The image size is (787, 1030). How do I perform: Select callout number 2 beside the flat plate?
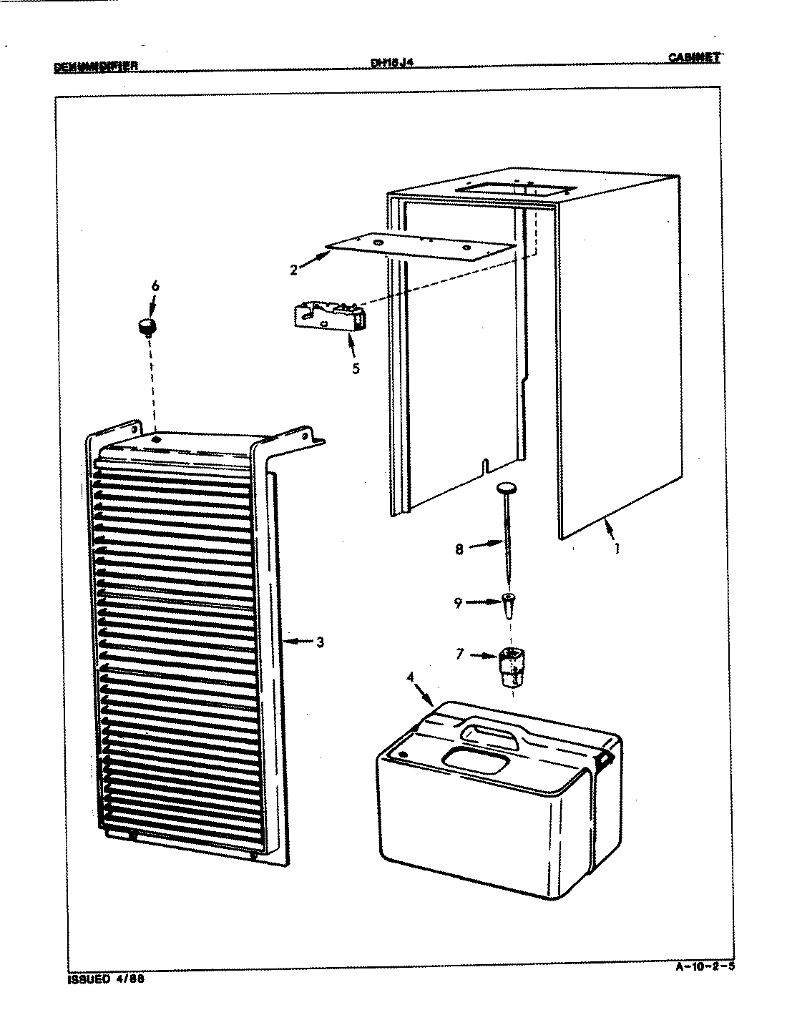[x=293, y=270]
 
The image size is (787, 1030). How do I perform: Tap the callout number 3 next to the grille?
[x=319, y=642]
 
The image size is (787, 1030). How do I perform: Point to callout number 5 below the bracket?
[x=356, y=369]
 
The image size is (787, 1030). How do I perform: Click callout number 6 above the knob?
[x=155, y=288]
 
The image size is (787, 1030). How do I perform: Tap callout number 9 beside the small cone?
[x=458, y=603]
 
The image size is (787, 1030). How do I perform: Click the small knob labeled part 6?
[x=148, y=327]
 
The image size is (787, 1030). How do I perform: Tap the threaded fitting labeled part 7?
[x=508, y=664]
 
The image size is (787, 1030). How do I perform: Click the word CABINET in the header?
[x=693, y=59]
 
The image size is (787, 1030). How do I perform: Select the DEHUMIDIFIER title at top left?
[x=95, y=68]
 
